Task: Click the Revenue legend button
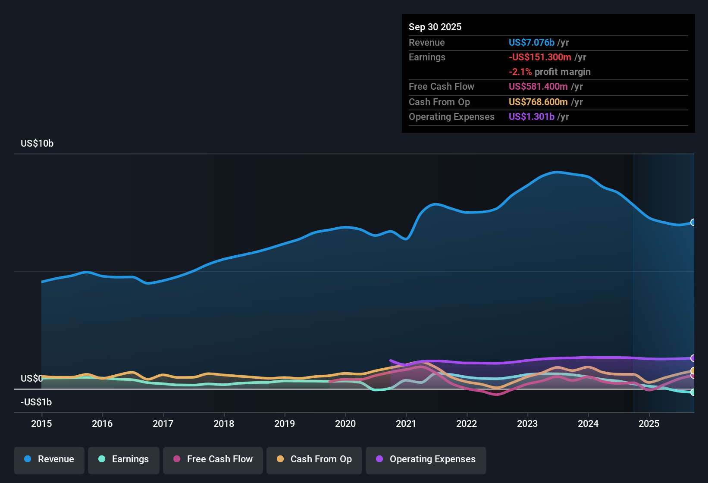49,459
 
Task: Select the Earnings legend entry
124,459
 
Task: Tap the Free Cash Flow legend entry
213,459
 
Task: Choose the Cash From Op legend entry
314,459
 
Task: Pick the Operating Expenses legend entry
426,459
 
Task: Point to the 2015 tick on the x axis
41,423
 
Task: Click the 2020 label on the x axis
345,423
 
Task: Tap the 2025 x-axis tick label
649,423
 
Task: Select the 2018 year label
224,423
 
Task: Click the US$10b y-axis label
37,143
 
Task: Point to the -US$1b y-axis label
36,402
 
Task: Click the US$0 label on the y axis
31,378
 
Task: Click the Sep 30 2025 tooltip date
435,27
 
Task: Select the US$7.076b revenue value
532,42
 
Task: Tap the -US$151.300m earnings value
540,57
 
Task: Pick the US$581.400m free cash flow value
538,86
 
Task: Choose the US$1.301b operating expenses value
532,116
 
